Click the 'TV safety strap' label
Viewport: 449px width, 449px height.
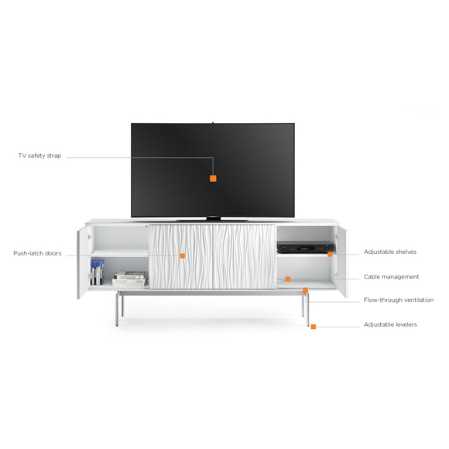(x=39, y=156)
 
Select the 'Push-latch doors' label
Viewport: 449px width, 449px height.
(x=37, y=253)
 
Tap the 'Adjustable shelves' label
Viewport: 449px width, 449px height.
(x=390, y=252)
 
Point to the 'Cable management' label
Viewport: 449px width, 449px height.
(x=391, y=276)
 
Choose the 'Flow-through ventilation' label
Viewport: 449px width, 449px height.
(x=399, y=300)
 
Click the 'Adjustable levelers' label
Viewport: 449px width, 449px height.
(x=390, y=324)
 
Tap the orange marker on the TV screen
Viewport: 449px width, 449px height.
(x=213, y=178)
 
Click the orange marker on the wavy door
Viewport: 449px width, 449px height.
(x=183, y=255)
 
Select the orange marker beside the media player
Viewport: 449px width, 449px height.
(x=330, y=254)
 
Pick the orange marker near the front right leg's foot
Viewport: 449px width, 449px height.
(x=314, y=327)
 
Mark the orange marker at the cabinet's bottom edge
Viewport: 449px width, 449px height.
(x=306, y=290)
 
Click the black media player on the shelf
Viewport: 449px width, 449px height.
(x=305, y=248)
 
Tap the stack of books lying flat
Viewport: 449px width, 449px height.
(x=130, y=279)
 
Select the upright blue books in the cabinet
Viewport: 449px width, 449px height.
(x=97, y=272)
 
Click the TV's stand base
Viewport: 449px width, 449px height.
(x=213, y=219)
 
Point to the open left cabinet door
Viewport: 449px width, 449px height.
(x=84, y=262)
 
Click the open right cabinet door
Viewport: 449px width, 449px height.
(x=341, y=261)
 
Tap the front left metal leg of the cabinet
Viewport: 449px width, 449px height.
(x=117, y=309)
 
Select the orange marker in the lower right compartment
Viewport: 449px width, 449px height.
(x=288, y=279)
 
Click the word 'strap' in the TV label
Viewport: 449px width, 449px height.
(x=54, y=156)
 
